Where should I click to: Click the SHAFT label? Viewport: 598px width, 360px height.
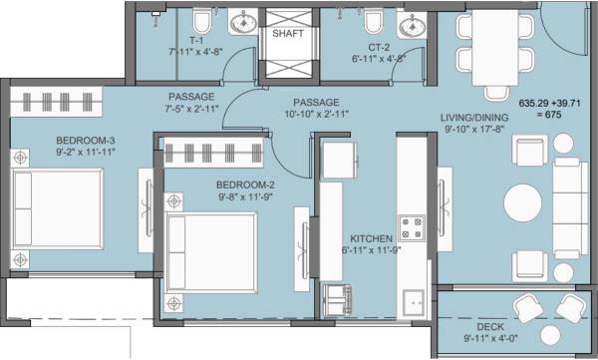coord(287,33)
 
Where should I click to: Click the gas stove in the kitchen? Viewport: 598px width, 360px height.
coord(411,228)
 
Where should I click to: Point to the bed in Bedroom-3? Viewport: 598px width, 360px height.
coord(59,204)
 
